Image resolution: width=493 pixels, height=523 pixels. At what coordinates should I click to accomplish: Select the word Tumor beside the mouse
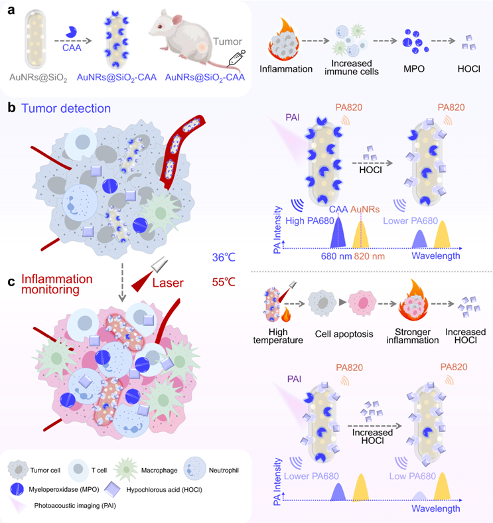(228, 42)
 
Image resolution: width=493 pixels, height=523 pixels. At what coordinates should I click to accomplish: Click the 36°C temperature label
(224, 257)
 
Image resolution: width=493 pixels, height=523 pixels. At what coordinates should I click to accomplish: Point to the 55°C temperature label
(224, 282)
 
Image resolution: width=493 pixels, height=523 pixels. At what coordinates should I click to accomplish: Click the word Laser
(168, 283)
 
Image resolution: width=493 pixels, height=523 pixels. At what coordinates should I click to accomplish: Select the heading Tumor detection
(66, 108)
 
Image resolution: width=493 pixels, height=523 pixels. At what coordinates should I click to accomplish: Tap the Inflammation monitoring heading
(56, 284)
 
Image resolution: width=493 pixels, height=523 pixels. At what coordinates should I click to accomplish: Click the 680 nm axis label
(336, 256)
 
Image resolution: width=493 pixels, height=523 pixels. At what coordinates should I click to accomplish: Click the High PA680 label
(310, 221)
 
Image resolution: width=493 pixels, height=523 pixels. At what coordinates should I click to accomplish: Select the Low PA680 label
(413, 476)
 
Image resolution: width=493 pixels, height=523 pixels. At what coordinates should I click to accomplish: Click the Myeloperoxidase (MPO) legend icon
(17, 489)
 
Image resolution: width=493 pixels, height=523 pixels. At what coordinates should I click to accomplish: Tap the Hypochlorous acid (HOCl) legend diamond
(112, 489)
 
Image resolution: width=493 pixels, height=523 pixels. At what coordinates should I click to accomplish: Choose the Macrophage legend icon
(126, 470)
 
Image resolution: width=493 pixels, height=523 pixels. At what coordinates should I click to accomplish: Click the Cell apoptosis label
(344, 334)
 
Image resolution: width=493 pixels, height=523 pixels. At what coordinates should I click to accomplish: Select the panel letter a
(11, 11)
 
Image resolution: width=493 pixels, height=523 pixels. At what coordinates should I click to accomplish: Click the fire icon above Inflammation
(284, 39)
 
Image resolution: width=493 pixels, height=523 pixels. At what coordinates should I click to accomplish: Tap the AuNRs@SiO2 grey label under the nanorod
(38, 78)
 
